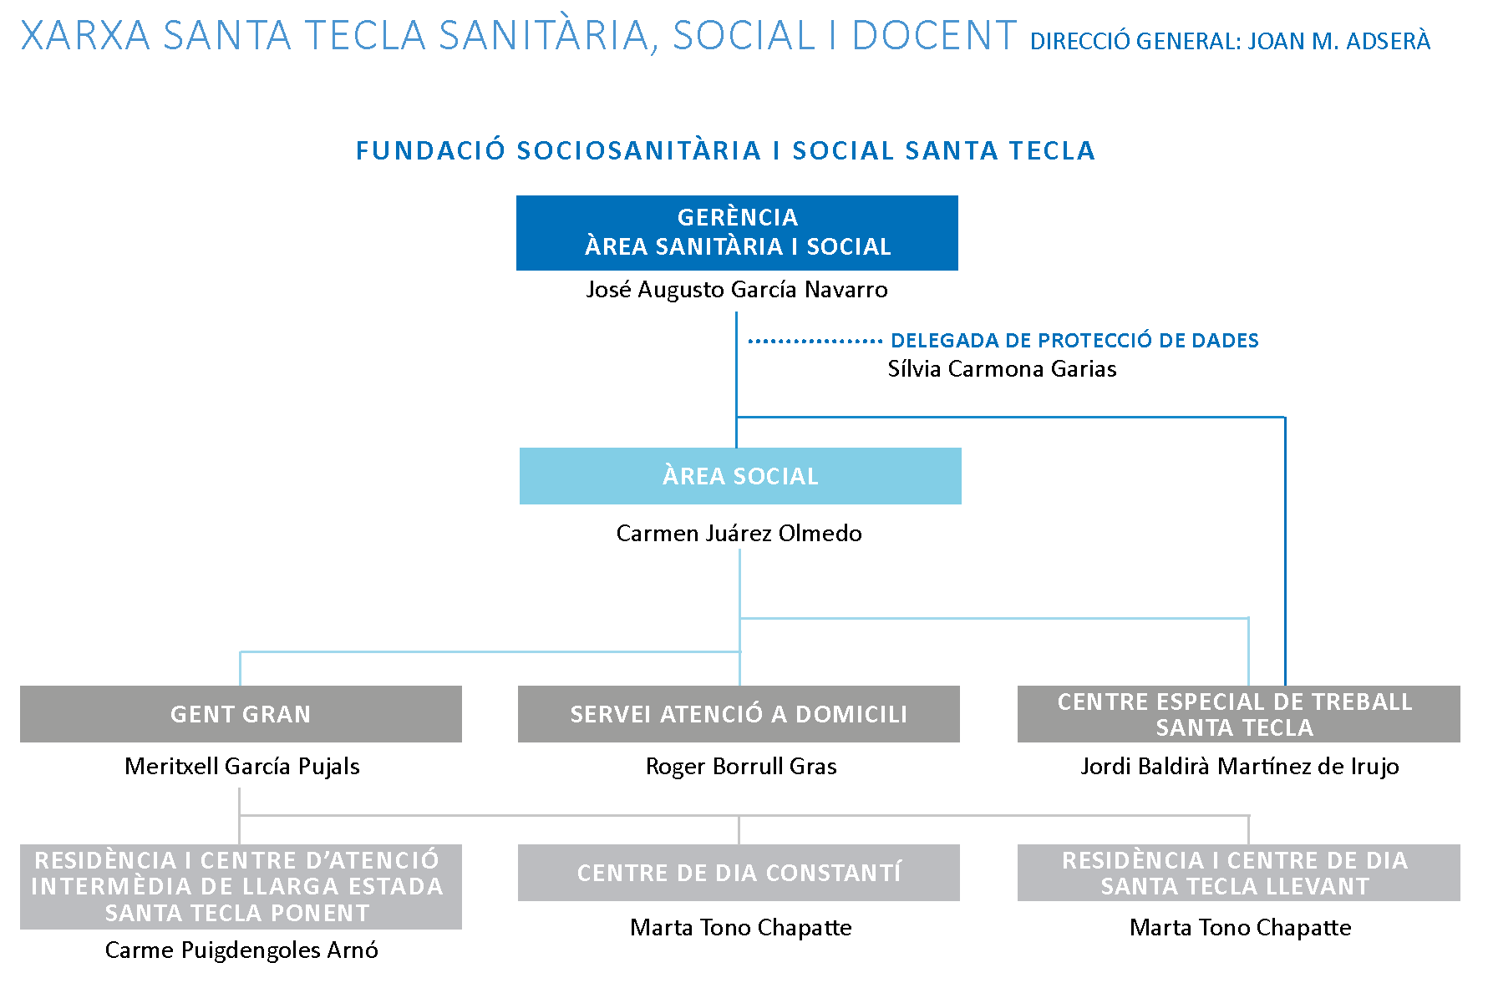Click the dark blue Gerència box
click(737, 232)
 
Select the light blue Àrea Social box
click(740, 476)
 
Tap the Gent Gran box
click(241, 714)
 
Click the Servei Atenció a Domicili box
click(739, 714)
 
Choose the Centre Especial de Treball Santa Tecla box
click(1238, 714)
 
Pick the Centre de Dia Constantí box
click(739, 873)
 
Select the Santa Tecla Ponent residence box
click(241, 886)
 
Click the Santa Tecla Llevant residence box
click(1238, 873)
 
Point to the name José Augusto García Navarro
click(737, 290)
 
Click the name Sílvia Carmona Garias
click(1002, 369)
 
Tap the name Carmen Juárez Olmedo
click(739, 534)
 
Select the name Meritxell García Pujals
click(242, 767)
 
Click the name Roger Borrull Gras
click(741, 767)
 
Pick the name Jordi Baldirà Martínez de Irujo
click(1240, 767)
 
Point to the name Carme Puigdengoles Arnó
click(241, 950)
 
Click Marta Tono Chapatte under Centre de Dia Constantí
click(741, 928)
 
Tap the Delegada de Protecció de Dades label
click(1074, 341)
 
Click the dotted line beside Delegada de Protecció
click(815, 342)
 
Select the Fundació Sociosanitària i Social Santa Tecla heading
click(725, 151)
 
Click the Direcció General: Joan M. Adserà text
click(1230, 42)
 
